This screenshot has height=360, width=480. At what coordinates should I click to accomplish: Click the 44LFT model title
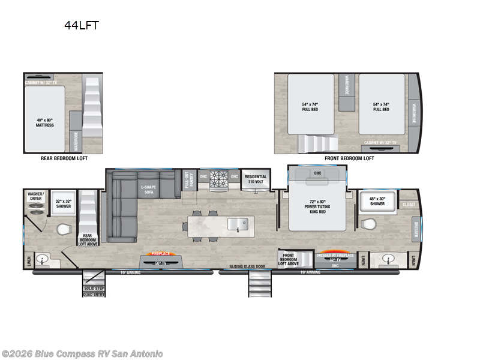coord(82,25)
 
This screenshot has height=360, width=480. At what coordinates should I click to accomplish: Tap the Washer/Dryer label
coord(36,197)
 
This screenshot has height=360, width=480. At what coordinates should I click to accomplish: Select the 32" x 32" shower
coord(63,203)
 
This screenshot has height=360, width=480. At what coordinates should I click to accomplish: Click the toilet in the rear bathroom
coord(64,229)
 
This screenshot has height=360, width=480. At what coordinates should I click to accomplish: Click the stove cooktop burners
coord(218,178)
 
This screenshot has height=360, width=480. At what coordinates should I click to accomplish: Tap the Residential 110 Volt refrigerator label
coord(256,179)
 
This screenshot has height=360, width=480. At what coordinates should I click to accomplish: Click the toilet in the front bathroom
coord(368,224)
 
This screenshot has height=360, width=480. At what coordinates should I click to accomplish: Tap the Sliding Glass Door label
coord(247,266)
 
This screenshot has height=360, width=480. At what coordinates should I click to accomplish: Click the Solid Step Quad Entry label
coord(94,291)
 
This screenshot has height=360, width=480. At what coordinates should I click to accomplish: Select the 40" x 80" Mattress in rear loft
coord(45,122)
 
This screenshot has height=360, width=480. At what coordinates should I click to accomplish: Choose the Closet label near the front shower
coord(409,205)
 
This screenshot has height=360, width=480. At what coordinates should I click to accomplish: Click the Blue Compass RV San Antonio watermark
coord(82,353)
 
